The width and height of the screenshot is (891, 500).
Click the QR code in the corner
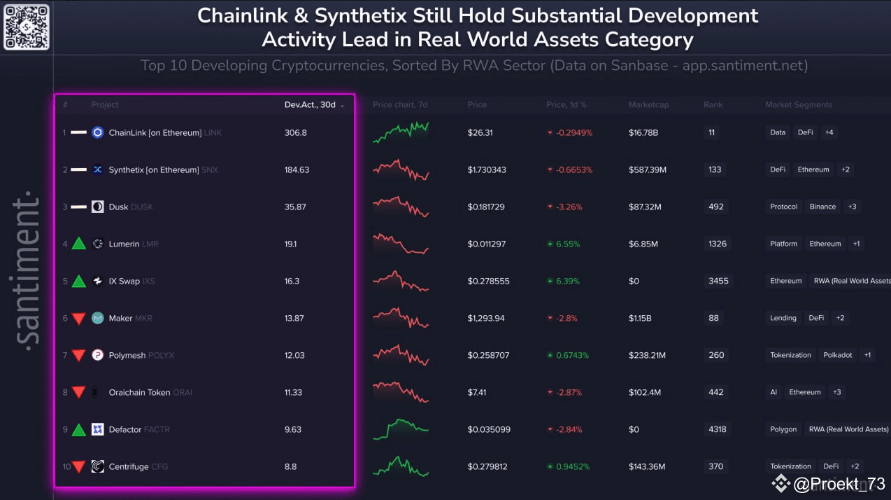click(x=27, y=27)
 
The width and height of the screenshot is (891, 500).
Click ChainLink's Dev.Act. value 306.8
click(x=295, y=132)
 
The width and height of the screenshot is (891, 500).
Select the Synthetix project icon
click(x=97, y=169)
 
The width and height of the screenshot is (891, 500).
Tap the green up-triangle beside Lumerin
click(x=78, y=244)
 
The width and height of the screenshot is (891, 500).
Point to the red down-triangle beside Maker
click(x=78, y=319)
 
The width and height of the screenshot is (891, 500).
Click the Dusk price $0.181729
click(x=487, y=207)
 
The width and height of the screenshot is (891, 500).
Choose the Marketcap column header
click(x=648, y=104)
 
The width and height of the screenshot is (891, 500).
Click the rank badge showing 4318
click(x=717, y=429)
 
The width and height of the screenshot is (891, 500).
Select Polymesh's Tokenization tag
click(x=790, y=355)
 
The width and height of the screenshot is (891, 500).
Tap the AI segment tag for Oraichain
click(x=774, y=392)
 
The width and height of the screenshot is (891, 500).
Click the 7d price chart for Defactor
click(x=401, y=428)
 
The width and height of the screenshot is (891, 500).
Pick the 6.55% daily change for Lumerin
click(x=568, y=244)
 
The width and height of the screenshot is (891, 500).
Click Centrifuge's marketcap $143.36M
click(x=646, y=466)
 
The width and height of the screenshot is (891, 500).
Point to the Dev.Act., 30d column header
click(x=311, y=104)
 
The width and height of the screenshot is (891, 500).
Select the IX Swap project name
click(x=124, y=281)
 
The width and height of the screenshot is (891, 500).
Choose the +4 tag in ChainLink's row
click(x=829, y=132)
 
